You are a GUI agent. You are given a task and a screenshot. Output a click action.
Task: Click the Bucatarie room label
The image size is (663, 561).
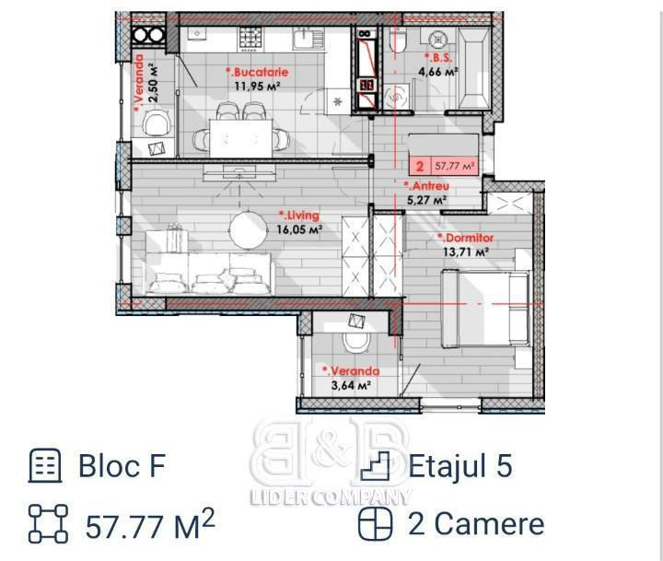[x=257, y=72]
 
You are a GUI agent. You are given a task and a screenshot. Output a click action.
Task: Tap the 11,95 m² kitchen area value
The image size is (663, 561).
[x=258, y=86]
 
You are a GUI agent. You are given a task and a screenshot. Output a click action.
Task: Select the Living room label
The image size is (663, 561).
[x=299, y=216]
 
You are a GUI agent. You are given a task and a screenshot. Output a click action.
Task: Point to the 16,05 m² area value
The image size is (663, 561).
[x=300, y=229]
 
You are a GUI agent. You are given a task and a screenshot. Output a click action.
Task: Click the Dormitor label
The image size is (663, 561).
[x=466, y=238]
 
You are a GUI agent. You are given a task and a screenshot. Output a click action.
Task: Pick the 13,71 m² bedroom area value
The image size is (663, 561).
[x=466, y=252]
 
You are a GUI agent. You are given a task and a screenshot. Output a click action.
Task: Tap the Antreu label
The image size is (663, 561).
[x=426, y=186]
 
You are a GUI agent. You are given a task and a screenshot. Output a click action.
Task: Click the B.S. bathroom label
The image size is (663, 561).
[x=438, y=58]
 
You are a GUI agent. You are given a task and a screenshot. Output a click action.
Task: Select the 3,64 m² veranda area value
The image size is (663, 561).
[x=352, y=385]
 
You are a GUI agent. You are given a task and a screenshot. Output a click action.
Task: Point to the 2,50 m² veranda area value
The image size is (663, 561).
[x=154, y=83]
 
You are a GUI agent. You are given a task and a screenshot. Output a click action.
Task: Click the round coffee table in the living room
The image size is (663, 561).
[x=249, y=229]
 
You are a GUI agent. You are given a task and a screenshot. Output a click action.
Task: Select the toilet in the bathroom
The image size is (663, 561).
[x=397, y=41]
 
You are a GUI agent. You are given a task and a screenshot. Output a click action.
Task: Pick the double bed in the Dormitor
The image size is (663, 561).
[x=485, y=308]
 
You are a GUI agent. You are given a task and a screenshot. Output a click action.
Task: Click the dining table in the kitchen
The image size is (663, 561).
[x=241, y=139]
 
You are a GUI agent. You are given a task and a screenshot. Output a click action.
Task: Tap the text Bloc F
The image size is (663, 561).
[x=122, y=465]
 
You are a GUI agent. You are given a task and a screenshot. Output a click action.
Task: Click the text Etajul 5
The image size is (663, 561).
[x=460, y=465]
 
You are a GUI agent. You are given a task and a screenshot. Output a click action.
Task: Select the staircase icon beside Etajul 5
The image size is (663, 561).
[x=375, y=465]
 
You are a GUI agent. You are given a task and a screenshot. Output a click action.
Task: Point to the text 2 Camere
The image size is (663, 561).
[x=476, y=524]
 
